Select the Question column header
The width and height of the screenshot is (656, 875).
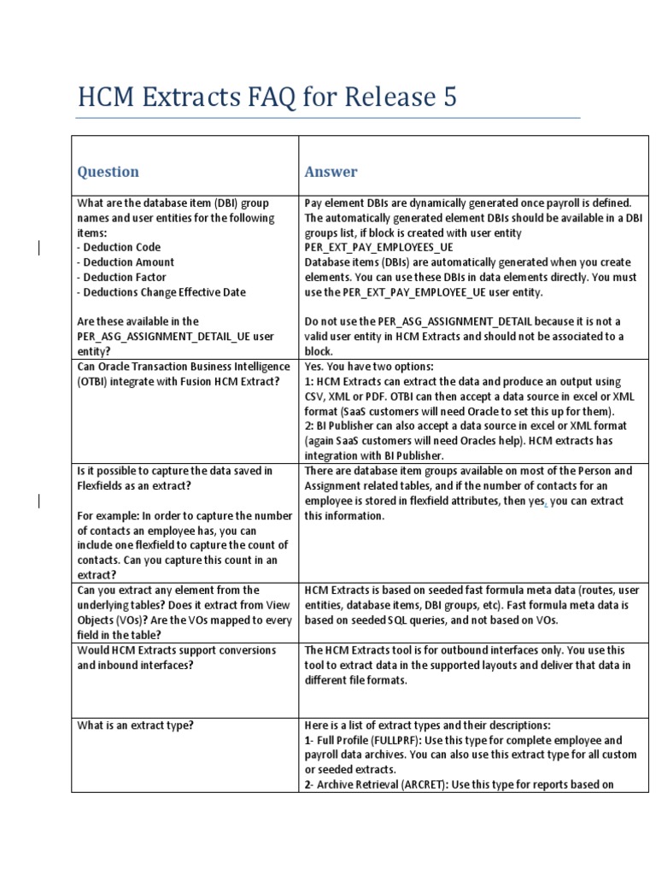click(108, 172)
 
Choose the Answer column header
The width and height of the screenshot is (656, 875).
click(331, 172)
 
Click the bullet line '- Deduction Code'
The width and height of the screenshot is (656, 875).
click(119, 248)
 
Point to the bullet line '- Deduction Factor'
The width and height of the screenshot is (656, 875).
click(121, 277)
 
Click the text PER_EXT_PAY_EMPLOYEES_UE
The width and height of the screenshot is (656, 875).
click(379, 248)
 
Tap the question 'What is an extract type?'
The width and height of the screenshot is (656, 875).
click(135, 725)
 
